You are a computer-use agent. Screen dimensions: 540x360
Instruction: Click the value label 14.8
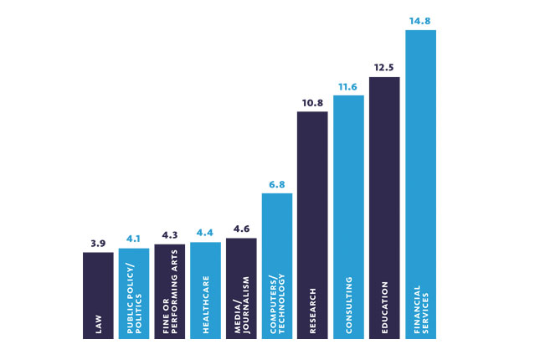click(x=419, y=21)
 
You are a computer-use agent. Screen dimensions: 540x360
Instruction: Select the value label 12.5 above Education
click(x=383, y=68)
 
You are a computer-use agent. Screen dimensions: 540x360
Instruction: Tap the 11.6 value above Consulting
click(x=347, y=87)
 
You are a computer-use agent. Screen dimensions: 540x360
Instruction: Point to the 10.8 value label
click(x=312, y=103)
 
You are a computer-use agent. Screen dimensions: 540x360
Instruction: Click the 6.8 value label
click(x=277, y=185)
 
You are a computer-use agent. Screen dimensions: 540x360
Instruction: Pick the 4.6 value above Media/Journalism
click(x=241, y=229)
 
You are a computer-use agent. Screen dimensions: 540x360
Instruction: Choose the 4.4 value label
click(x=205, y=233)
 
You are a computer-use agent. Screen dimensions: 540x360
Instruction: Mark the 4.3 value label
click(x=170, y=235)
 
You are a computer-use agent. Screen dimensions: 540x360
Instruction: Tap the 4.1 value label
click(x=133, y=239)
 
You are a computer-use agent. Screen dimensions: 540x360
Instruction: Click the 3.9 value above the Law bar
click(x=98, y=244)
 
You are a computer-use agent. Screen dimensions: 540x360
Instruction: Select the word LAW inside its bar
click(x=99, y=324)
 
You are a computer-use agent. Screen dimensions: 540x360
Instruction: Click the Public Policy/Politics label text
click(x=134, y=298)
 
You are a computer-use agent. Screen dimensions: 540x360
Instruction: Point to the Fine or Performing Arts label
click(x=170, y=291)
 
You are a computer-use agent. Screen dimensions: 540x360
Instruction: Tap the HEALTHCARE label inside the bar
click(x=206, y=305)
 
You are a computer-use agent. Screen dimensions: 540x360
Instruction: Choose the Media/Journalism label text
click(x=242, y=306)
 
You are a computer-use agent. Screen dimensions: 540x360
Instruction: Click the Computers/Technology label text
click(x=277, y=304)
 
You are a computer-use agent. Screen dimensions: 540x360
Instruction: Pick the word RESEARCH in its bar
click(x=313, y=311)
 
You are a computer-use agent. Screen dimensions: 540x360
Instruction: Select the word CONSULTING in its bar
click(x=349, y=306)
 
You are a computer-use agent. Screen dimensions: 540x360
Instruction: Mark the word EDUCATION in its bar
click(x=384, y=307)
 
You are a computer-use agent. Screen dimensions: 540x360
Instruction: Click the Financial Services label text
click(x=421, y=310)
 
